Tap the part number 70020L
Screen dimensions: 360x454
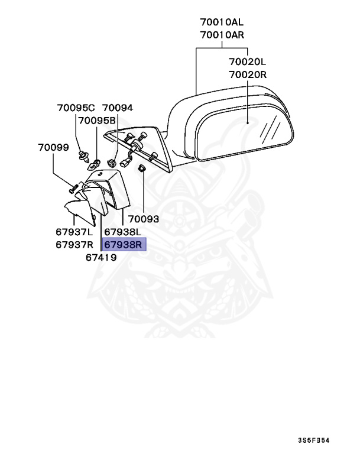pos(248,61)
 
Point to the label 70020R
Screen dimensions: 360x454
pos(248,74)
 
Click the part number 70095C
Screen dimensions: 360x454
pos(76,108)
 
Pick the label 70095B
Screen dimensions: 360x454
pos(97,121)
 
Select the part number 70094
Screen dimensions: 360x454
pos(118,108)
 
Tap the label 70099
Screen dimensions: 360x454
pos(53,147)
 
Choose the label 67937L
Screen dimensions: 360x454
pos(76,232)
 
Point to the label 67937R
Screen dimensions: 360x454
pos(76,245)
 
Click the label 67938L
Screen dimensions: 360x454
pos(123,232)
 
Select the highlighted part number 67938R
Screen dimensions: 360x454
pos(124,245)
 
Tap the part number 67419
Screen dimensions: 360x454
pos(100,258)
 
